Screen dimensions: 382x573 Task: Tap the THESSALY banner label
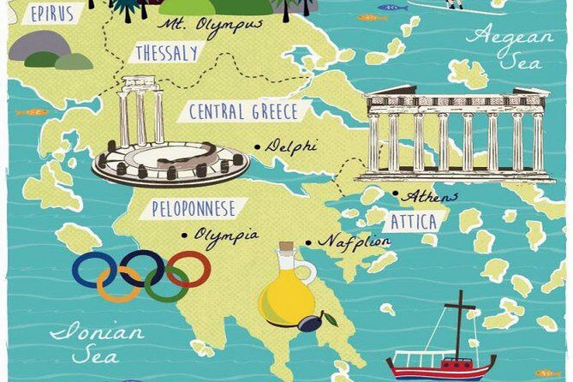pyautogui.click(x=166, y=54)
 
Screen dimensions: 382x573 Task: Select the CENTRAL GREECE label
pyautogui.click(x=243, y=112)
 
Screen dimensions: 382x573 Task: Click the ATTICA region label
pyautogui.click(x=414, y=222)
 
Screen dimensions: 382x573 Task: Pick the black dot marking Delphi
pyautogui.click(x=257, y=146)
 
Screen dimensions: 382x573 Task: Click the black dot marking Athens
pyautogui.click(x=395, y=194)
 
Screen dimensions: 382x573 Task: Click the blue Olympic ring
pyautogui.click(x=93, y=269)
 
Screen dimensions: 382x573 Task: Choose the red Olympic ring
pyautogui.click(x=188, y=269)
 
